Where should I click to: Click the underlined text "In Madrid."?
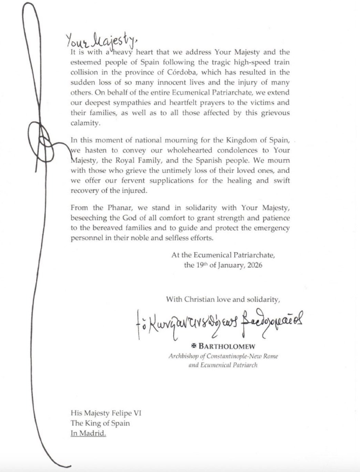tap(89, 433)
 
